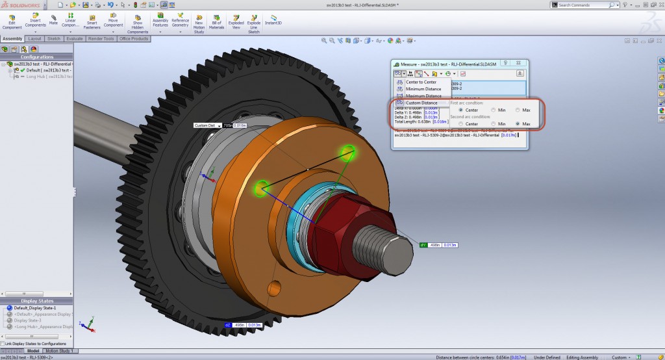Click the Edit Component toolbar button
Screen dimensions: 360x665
[12, 22]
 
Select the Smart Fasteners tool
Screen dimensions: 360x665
[92, 22]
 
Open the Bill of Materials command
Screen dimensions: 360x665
[217, 22]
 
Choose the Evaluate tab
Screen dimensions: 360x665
[74, 39]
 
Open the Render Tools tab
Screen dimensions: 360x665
[101, 39]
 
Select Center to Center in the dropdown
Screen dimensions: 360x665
[421, 82]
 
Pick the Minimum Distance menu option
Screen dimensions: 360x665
[423, 89]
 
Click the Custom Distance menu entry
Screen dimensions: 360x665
[421, 103]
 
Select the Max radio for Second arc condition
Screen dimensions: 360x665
[518, 123]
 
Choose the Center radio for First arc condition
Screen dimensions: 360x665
[460, 110]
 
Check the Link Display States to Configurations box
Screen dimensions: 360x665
[3, 343]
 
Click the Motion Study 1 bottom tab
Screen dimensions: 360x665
[60, 351]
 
